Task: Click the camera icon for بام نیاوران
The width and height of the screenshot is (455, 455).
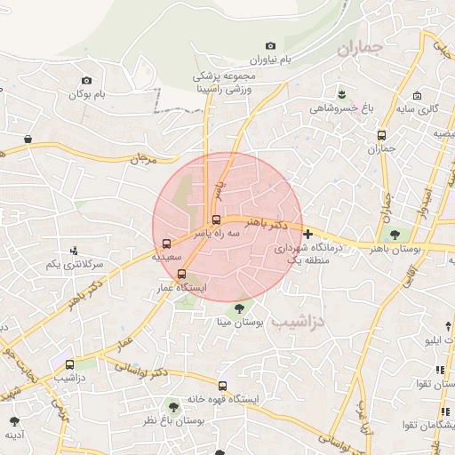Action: [270, 45]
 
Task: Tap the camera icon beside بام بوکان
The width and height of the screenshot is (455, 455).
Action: [86, 80]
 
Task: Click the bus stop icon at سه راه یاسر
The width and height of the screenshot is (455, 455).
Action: [216, 220]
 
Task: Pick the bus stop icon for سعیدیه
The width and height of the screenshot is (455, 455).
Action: [166, 244]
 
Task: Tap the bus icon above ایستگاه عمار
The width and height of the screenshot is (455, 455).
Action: [181, 274]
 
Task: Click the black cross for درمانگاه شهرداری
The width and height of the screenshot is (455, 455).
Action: [307, 235]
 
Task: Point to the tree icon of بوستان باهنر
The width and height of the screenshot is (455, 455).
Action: [393, 235]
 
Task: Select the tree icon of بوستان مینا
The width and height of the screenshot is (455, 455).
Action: [236, 308]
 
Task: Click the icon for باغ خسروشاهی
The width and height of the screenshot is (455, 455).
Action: [341, 92]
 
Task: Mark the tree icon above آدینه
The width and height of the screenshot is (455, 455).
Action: [13, 419]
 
